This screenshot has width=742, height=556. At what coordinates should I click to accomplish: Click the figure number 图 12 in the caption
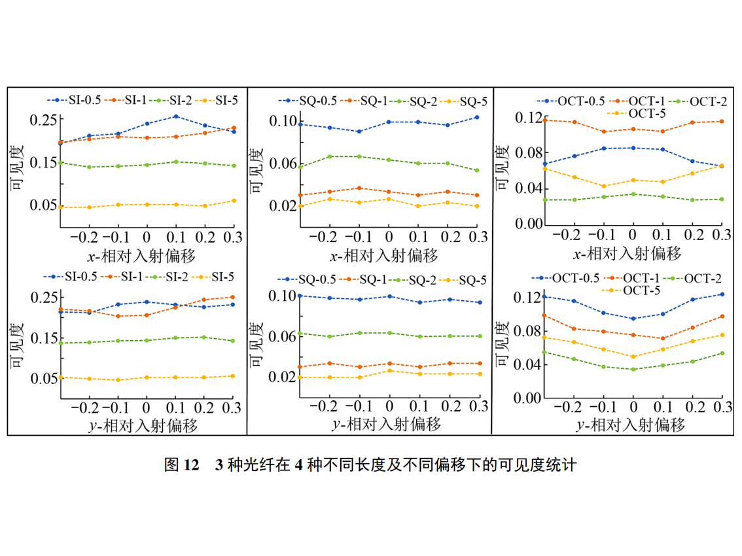point(181,466)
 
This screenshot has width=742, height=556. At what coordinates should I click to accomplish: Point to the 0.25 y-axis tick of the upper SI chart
point(43,120)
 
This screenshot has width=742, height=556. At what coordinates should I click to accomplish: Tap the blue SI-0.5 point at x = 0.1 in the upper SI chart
point(176,116)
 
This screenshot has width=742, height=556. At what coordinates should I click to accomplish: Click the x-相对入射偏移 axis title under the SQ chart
point(384,253)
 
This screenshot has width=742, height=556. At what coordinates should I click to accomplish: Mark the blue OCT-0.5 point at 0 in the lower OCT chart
point(633,319)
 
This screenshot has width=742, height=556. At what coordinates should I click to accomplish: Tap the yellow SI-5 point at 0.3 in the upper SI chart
point(234,201)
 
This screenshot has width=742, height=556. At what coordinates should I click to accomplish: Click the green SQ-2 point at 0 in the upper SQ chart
point(389,160)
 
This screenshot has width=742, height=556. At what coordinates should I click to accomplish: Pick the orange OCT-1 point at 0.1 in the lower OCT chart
point(663,338)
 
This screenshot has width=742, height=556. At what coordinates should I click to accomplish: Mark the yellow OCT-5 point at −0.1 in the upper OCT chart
point(603,186)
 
